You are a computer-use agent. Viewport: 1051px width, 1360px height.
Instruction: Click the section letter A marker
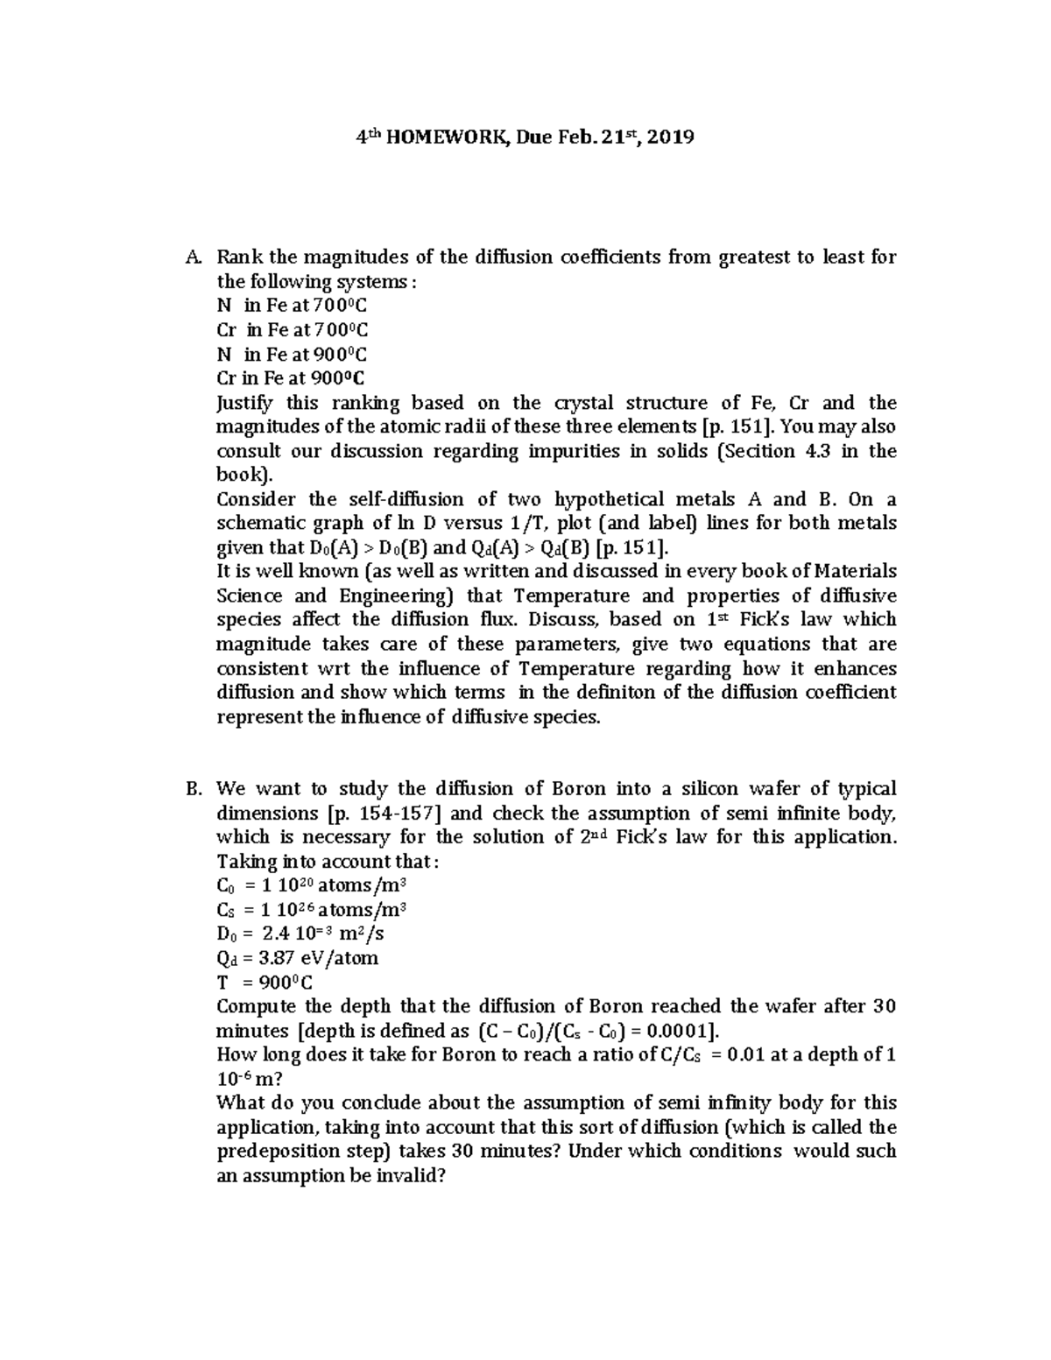pos(193,257)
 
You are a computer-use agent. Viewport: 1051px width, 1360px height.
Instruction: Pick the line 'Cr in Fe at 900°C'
pos(291,378)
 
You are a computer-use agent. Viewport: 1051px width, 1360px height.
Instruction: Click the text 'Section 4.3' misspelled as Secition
pos(772,452)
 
